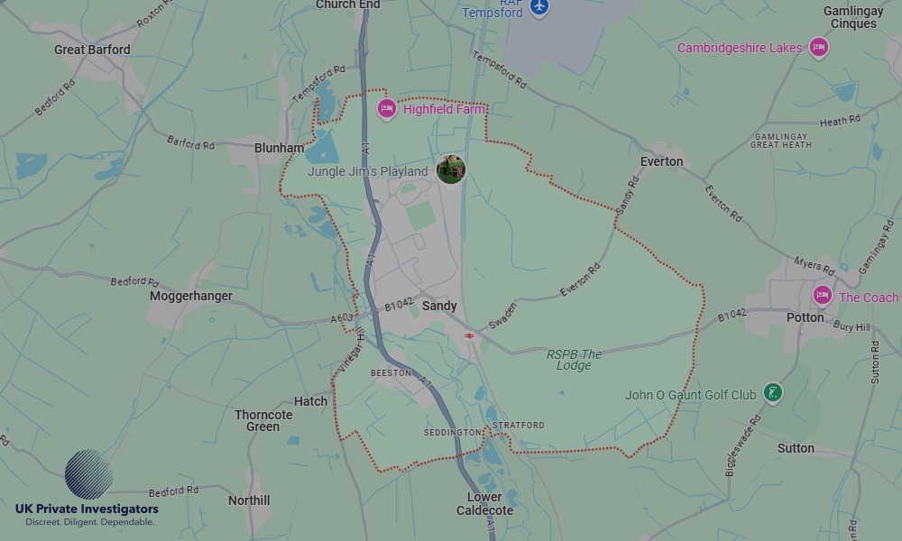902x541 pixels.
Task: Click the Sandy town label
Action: [x=440, y=307]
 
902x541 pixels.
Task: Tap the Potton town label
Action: [x=805, y=317]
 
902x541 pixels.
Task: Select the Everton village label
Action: [x=661, y=162]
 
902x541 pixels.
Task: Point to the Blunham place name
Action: [x=279, y=148]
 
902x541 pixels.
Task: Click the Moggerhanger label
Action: [x=191, y=296]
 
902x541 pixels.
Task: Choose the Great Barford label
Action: [x=92, y=50]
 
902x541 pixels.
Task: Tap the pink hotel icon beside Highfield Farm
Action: [x=387, y=109]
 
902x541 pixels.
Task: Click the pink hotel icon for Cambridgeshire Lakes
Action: [x=818, y=48]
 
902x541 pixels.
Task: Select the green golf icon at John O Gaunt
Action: [x=772, y=392]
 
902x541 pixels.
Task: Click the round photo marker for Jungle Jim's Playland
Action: [x=450, y=169]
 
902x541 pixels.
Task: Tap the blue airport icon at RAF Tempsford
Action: [x=539, y=7]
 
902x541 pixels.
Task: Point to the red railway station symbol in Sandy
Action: [x=470, y=335]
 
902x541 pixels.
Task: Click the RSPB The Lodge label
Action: [x=574, y=360]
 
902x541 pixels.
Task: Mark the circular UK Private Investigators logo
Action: [x=88, y=475]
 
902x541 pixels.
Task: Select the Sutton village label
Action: [x=796, y=448]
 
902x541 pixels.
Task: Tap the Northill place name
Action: [x=249, y=500]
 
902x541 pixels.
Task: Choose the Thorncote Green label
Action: [x=263, y=420]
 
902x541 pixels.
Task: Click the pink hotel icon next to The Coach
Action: [x=822, y=295]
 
